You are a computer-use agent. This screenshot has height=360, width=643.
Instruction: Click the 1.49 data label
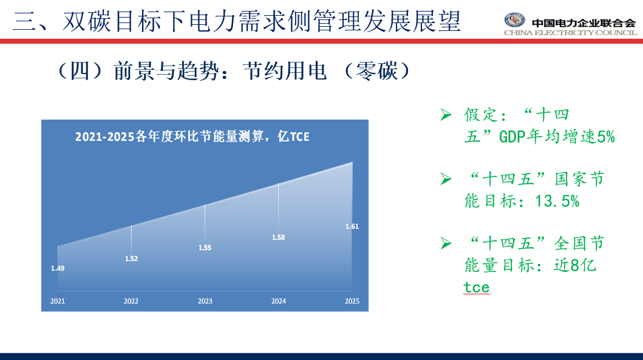[58, 268]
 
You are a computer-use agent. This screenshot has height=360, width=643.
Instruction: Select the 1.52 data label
[131, 259]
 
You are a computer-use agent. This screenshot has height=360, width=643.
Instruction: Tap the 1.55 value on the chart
[205, 248]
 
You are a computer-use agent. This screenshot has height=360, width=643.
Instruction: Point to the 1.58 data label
[279, 237]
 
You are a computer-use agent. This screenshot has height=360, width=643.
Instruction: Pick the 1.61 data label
[352, 226]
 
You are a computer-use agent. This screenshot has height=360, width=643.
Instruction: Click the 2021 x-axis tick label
[58, 301]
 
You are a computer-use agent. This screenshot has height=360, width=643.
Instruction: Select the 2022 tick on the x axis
[131, 301]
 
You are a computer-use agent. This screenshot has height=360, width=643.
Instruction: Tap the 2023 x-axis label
[205, 301]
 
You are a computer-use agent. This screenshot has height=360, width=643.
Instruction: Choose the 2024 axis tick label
[279, 301]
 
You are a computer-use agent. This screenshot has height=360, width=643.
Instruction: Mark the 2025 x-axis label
[352, 301]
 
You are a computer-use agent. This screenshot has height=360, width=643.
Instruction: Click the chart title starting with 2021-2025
[192, 137]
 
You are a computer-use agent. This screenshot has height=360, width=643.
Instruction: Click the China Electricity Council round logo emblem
[515, 20]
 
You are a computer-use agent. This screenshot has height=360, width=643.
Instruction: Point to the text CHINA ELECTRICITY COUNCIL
[570, 33]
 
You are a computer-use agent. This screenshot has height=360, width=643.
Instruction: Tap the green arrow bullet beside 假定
[446, 114]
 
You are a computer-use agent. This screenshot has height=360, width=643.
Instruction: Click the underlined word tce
[477, 287]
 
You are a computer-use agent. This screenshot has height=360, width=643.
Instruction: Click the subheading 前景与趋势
[167, 71]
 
